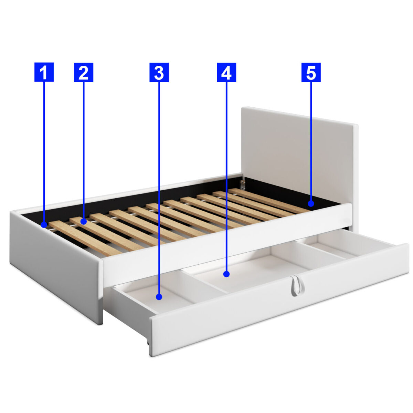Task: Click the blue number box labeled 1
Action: tap(44, 72)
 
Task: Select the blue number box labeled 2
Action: tap(84, 72)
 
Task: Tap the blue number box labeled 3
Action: tap(159, 72)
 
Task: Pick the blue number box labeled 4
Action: tap(226, 72)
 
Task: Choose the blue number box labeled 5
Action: tap(311, 72)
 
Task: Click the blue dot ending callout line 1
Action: tap(44, 225)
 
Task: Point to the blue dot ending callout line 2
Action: tap(84, 221)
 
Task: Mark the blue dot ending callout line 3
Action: tap(159, 297)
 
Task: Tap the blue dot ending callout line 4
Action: tap(226, 274)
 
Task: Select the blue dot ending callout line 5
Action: tap(311, 203)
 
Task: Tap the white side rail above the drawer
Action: tap(227, 244)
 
